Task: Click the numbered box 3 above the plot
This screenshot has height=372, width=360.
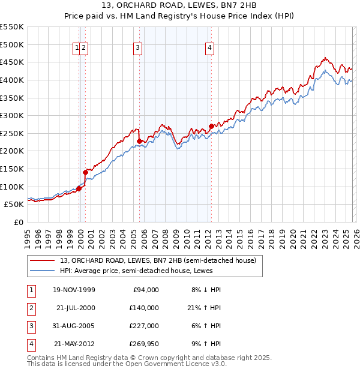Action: tap(138, 49)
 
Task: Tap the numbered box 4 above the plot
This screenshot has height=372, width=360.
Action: tap(209, 49)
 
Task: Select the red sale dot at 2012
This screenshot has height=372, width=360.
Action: tap(211, 126)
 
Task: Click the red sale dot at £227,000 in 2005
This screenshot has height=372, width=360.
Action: tap(140, 142)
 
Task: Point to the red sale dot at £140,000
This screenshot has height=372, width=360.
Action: tap(86, 172)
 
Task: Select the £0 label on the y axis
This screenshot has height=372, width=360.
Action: tap(17, 222)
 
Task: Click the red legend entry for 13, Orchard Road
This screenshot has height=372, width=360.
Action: tap(158, 260)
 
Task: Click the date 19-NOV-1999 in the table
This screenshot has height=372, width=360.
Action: tap(74, 290)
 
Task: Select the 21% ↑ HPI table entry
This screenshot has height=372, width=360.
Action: tap(205, 308)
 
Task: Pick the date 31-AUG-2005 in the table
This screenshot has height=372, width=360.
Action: tap(74, 326)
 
